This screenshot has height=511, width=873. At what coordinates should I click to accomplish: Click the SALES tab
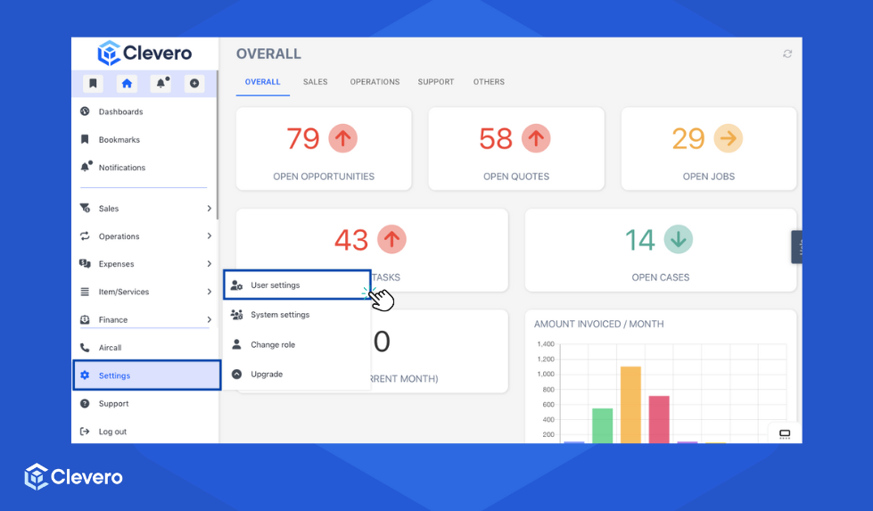(315, 82)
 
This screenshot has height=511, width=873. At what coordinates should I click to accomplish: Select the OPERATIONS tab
(375, 82)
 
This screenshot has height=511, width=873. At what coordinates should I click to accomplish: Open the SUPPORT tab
(436, 82)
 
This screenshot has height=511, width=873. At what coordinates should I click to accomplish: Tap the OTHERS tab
(489, 82)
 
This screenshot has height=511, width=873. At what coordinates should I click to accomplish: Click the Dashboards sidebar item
(120, 111)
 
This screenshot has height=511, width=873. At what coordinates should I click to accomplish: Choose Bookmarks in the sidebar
(119, 140)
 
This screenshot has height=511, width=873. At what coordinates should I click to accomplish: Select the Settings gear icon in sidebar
(85, 375)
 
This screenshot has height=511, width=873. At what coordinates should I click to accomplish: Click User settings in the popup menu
(275, 285)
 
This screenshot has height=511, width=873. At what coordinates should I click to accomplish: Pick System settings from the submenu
(280, 315)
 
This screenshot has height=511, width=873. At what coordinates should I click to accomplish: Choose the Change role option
(273, 344)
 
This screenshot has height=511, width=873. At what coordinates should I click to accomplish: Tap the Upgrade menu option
(267, 375)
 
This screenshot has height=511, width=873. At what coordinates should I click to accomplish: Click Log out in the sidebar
(112, 432)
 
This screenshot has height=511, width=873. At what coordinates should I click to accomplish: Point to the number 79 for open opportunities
(303, 139)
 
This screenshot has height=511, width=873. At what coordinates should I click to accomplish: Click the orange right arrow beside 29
(729, 138)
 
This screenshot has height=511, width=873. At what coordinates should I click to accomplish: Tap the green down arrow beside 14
(679, 239)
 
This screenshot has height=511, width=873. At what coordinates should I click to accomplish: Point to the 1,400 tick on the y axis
(545, 344)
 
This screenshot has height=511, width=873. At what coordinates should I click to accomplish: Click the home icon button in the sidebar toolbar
(127, 84)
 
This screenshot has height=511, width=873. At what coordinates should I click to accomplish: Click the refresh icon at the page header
(787, 54)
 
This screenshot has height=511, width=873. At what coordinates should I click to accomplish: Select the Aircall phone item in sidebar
(110, 348)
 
